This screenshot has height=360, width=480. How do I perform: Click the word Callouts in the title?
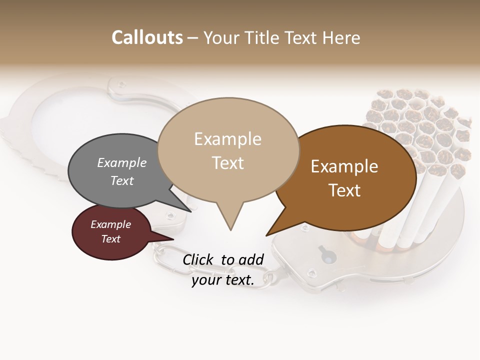pos(147,37)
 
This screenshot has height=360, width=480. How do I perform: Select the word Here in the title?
pos(341,38)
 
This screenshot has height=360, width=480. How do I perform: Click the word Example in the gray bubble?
pos(122,162)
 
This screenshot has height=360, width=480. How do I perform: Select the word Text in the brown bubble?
pos(345,190)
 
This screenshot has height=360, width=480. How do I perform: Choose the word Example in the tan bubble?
pos(227,139)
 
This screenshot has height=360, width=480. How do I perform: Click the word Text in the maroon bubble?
pos(110,239)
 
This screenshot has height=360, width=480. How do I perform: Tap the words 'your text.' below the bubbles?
pos(223,280)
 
